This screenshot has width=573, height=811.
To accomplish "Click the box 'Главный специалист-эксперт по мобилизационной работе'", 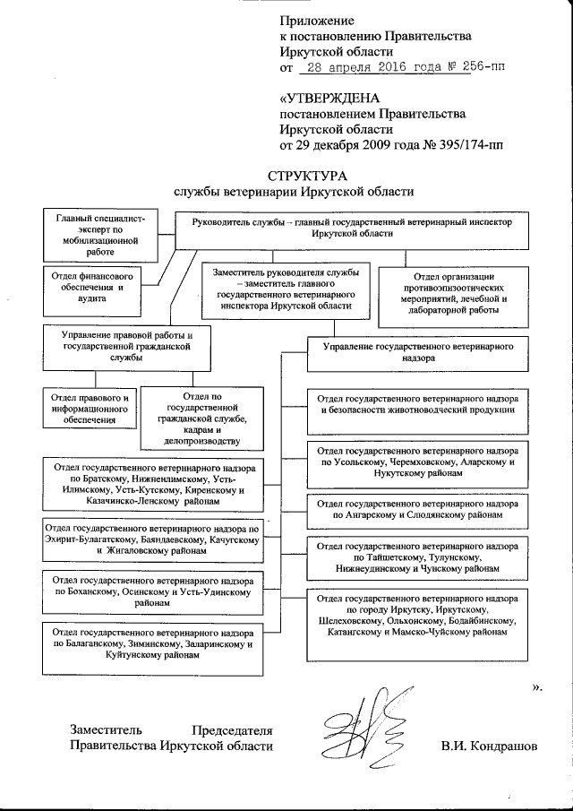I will [94, 235].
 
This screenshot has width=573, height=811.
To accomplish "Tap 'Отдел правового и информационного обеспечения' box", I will [90, 409].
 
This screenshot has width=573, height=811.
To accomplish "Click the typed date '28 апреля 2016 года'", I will [367, 67].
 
